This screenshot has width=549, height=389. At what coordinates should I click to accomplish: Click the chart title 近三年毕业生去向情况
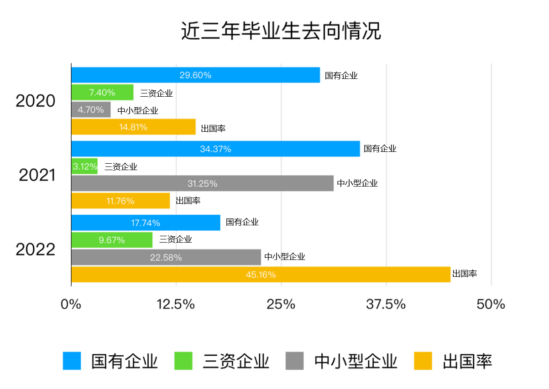281,31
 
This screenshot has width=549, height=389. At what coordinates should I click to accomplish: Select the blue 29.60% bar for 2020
195,75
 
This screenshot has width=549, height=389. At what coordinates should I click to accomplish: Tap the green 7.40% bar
102,93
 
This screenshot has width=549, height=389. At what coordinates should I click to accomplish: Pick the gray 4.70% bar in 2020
91,110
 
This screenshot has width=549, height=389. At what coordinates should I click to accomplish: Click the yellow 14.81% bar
133,127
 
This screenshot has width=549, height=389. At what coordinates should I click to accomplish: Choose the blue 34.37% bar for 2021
215,149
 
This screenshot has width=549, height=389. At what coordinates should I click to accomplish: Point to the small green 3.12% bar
84,166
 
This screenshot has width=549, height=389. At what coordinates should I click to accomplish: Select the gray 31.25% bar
202,183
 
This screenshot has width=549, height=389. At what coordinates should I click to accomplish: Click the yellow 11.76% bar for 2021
120,201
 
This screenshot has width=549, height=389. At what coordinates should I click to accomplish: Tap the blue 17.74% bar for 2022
146,223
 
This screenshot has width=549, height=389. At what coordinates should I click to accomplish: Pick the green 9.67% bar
112,240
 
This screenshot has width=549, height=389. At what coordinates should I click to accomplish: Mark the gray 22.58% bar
166,257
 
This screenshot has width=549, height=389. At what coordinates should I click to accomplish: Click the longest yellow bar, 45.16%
261,275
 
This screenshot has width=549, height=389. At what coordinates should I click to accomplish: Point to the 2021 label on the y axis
37,175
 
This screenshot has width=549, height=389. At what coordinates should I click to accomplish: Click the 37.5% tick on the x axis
386,304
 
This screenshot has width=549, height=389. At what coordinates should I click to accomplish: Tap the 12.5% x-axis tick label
176,304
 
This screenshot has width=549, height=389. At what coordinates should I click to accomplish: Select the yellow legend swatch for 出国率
423,361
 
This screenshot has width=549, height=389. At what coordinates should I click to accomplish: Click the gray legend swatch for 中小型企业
295,361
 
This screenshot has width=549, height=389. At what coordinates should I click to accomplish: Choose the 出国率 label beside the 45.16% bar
465,274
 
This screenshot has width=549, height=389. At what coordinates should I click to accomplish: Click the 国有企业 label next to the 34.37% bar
380,149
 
